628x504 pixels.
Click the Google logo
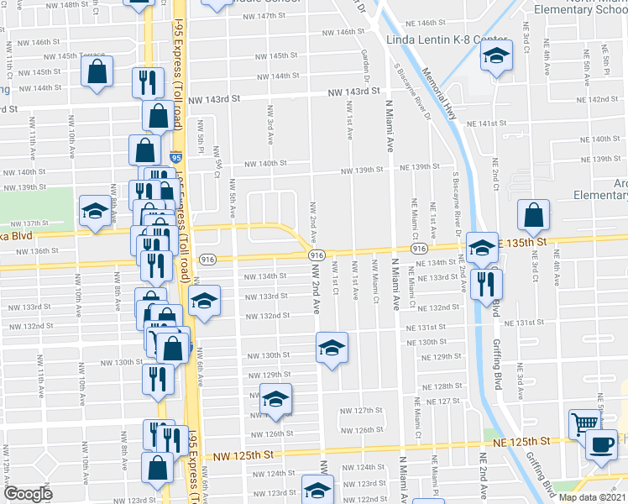tap(28, 494)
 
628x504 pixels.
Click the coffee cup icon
tap(601, 445)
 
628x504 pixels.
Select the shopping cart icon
tap(584, 423)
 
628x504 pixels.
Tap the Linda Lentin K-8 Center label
tap(447, 40)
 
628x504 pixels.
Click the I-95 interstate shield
tap(175, 157)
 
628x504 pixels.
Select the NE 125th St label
tap(521, 441)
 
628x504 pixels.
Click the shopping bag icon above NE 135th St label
tap(533, 216)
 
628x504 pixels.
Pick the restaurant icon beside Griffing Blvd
tap(486, 283)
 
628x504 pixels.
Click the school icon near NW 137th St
tap(95, 211)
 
